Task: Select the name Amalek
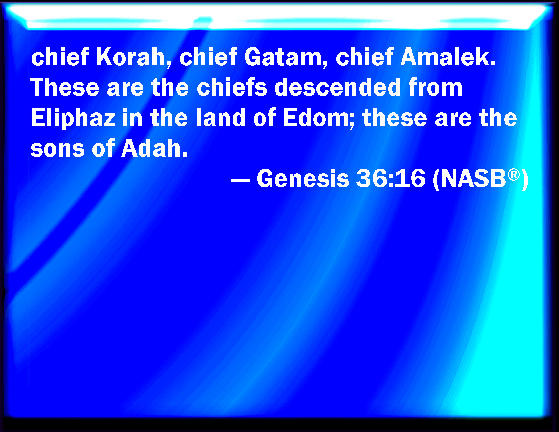point(448,57)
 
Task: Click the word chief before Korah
point(60,57)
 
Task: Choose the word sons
point(58,148)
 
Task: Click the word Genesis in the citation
point(303,178)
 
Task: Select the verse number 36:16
point(391,178)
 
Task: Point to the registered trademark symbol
point(514,175)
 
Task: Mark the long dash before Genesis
point(241,180)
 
